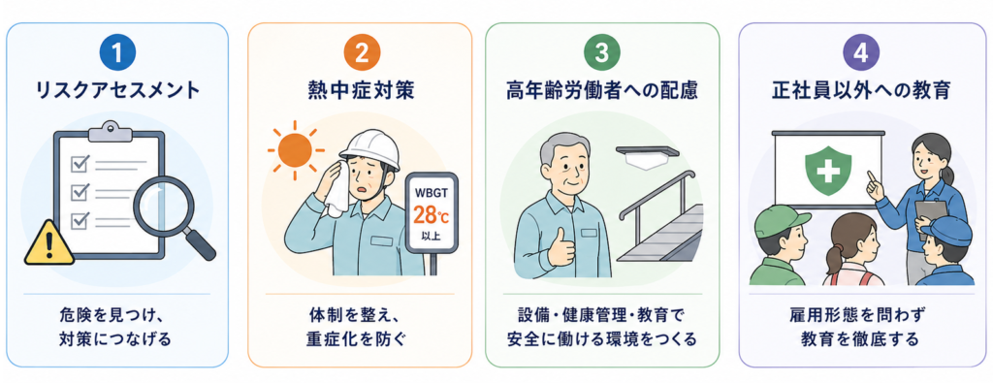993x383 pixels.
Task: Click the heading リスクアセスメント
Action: click(x=116, y=91)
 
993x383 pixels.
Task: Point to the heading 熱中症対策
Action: click(x=360, y=91)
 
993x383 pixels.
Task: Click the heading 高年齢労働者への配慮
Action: click(x=601, y=91)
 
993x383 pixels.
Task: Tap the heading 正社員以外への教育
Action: click(x=861, y=91)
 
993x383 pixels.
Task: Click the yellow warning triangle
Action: click(x=49, y=243)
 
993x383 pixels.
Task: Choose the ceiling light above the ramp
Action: click(x=647, y=156)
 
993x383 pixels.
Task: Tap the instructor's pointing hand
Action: click(x=876, y=185)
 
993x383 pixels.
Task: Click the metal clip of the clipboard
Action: click(x=110, y=131)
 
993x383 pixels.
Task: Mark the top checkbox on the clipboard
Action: click(x=80, y=164)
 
